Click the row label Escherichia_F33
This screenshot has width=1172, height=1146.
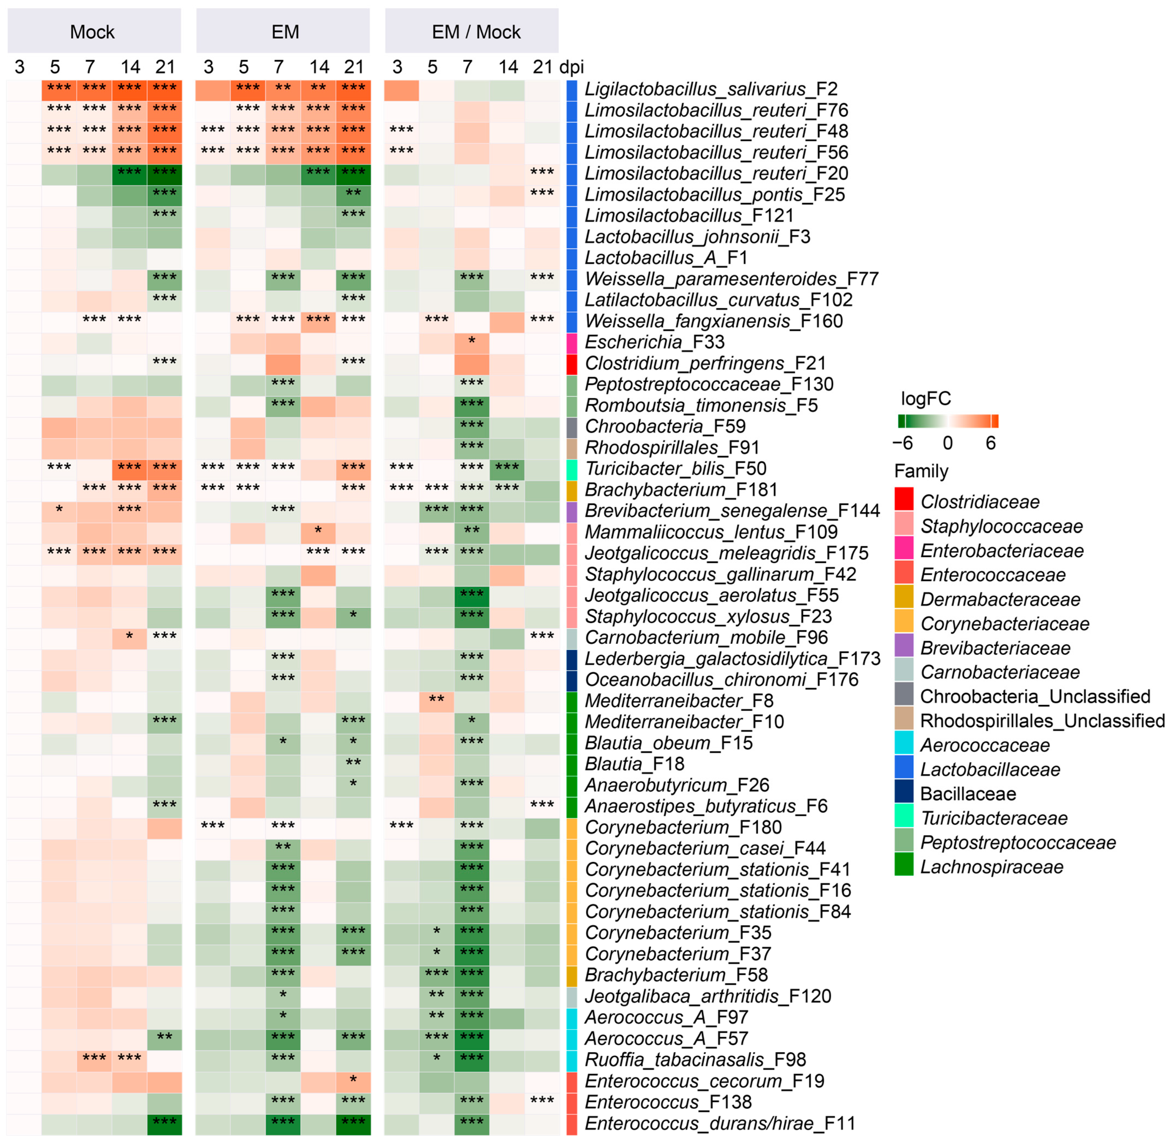pos(654,342)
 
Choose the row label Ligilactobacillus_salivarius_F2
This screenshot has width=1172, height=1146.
pos(711,89)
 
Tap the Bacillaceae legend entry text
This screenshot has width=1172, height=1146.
pos(968,794)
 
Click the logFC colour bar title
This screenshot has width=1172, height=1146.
pos(925,399)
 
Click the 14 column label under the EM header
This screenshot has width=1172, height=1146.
pos(319,67)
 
